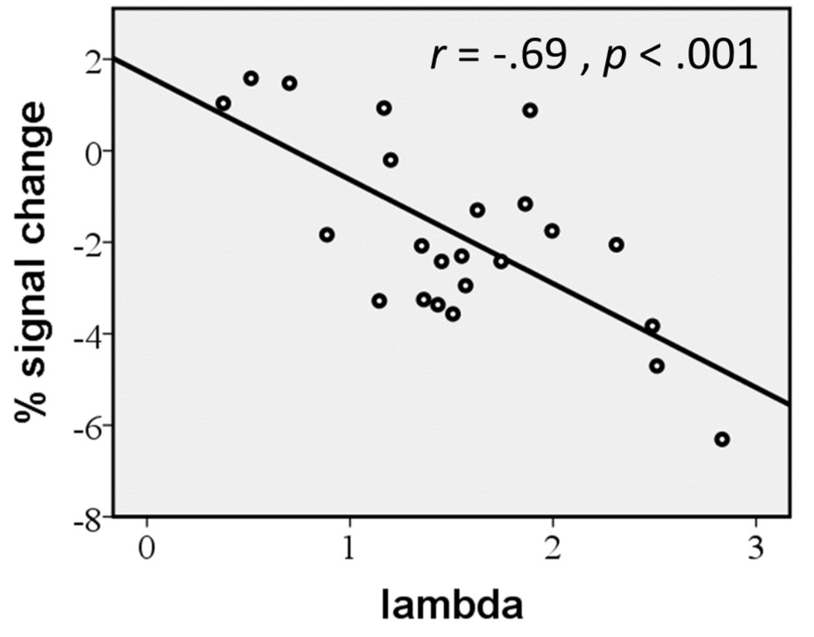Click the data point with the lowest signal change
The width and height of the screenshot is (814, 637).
click(722, 439)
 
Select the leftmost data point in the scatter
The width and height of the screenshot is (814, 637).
click(223, 104)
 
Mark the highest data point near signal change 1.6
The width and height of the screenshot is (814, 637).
click(250, 78)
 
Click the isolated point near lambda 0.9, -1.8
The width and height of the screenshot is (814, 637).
click(326, 234)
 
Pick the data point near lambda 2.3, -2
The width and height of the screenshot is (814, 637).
click(616, 244)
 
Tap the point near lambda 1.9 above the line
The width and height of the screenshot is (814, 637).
click(530, 111)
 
